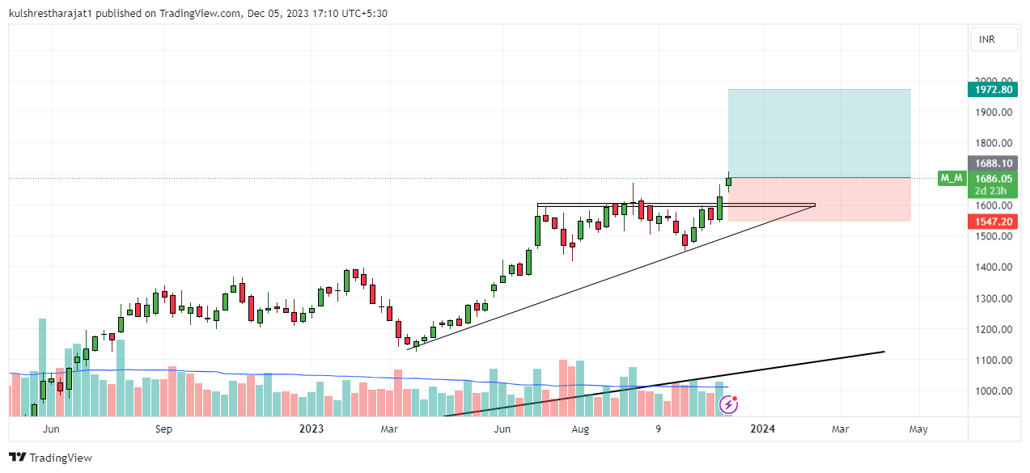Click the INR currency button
coord(986,40)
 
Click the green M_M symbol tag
coord(951,178)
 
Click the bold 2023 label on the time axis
coord(311,429)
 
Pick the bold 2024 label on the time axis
coord(762,429)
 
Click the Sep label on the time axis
coord(163,429)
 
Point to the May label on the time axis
coord(918,429)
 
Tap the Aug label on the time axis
coord(579,429)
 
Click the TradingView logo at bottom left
coord(50,458)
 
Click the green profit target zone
coord(819,133)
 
